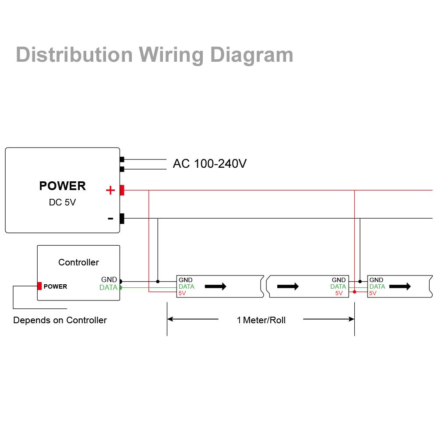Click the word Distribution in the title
pos(74,54)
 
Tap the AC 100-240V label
pos(210,164)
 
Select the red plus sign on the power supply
pos(110,190)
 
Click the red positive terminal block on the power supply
pos(122,190)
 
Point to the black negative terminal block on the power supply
pos(122,219)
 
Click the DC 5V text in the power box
pos(62,202)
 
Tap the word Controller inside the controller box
pos(78,262)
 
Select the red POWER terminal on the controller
pos(39,286)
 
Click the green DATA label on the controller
pos(108,287)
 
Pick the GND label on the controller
pos(109,279)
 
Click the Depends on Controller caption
pos(60,320)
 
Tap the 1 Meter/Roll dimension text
pos(261,320)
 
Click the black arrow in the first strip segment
pos(215,286)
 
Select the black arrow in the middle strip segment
pos(288,286)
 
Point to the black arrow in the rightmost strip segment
pos(400,286)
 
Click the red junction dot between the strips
pos(354,292)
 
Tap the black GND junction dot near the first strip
pos(158,282)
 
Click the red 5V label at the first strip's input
pos(182,293)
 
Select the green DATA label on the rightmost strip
pos(377,286)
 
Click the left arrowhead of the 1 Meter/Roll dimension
pos(170,319)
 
